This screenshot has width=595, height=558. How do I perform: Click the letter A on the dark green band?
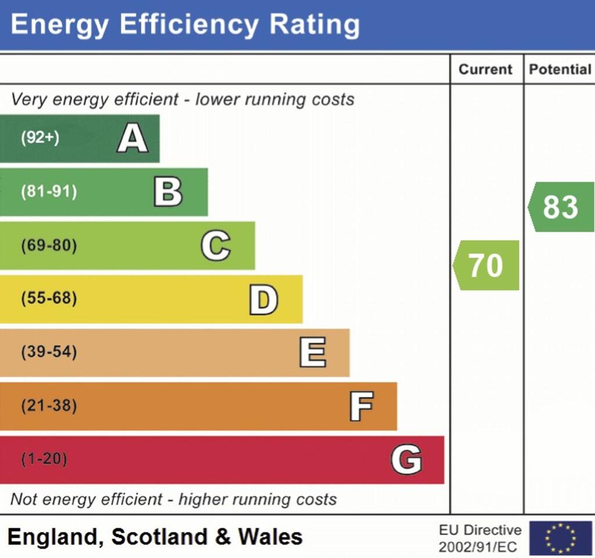tap(132, 139)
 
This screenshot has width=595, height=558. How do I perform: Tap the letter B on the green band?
tap(168, 192)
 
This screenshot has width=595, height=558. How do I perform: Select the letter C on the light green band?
tap(216, 246)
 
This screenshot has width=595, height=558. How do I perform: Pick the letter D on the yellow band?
tap(263, 300)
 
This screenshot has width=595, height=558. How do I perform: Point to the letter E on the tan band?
tap(313, 352)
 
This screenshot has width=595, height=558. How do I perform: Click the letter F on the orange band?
tap(361, 406)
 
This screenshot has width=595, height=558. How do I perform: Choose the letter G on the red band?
tap(406, 460)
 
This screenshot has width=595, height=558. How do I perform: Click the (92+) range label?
tap(40, 139)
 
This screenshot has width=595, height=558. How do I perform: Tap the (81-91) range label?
tap(49, 192)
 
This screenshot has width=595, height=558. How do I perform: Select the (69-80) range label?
tap(49, 246)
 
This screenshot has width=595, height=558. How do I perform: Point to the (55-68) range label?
tap(49, 299)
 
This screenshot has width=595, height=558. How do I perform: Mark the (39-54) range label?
tap(49, 352)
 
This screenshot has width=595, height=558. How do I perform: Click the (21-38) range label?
tap(49, 406)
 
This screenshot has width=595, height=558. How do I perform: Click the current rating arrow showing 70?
tap(486, 265)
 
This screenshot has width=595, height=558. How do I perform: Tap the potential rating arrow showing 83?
tap(561, 207)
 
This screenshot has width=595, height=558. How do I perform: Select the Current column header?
tap(486, 70)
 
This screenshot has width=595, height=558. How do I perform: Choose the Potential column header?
tap(560, 70)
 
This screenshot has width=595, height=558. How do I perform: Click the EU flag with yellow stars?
tap(560, 538)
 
